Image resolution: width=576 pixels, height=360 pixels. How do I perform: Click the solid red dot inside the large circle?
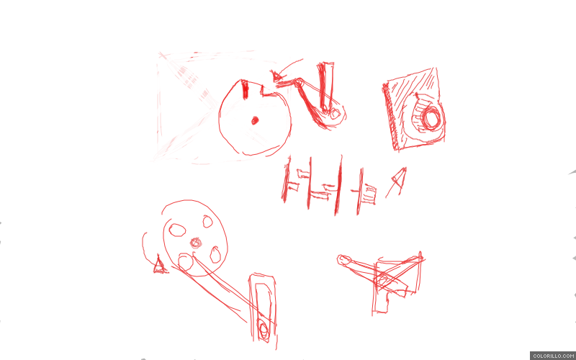(255, 120)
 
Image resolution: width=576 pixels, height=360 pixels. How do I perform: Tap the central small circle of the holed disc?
(196, 243)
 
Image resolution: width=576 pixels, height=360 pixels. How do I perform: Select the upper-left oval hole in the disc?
(177, 230)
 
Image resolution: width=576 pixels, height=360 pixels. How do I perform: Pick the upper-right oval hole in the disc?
(207, 222)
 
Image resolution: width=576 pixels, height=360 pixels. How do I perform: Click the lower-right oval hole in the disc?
(215, 255)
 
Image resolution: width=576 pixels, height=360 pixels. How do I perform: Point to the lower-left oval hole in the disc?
(186, 261)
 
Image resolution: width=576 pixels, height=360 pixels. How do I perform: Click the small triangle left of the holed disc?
(160, 265)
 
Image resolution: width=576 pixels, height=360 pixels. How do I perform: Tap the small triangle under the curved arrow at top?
(277, 76)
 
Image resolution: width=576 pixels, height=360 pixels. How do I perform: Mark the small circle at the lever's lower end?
(335, 114)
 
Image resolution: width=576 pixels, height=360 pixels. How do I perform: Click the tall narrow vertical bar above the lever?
(325, 86)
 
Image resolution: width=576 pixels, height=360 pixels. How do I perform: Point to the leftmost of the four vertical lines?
(286, 179)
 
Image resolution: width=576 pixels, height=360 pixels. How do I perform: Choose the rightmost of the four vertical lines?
(360, 192)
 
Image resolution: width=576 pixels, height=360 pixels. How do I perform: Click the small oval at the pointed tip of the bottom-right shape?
(343, 260)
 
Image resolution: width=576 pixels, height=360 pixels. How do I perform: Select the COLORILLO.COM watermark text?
(552, 356)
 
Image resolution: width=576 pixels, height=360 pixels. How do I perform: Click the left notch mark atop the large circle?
(244, 89)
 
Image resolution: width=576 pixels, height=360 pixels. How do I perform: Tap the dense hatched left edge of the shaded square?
(390, 117)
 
